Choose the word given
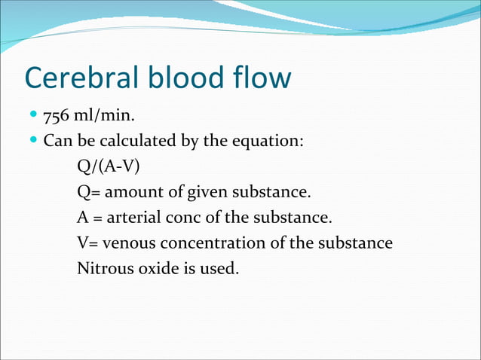coord(195,192)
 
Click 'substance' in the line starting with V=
coord(358,243)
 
